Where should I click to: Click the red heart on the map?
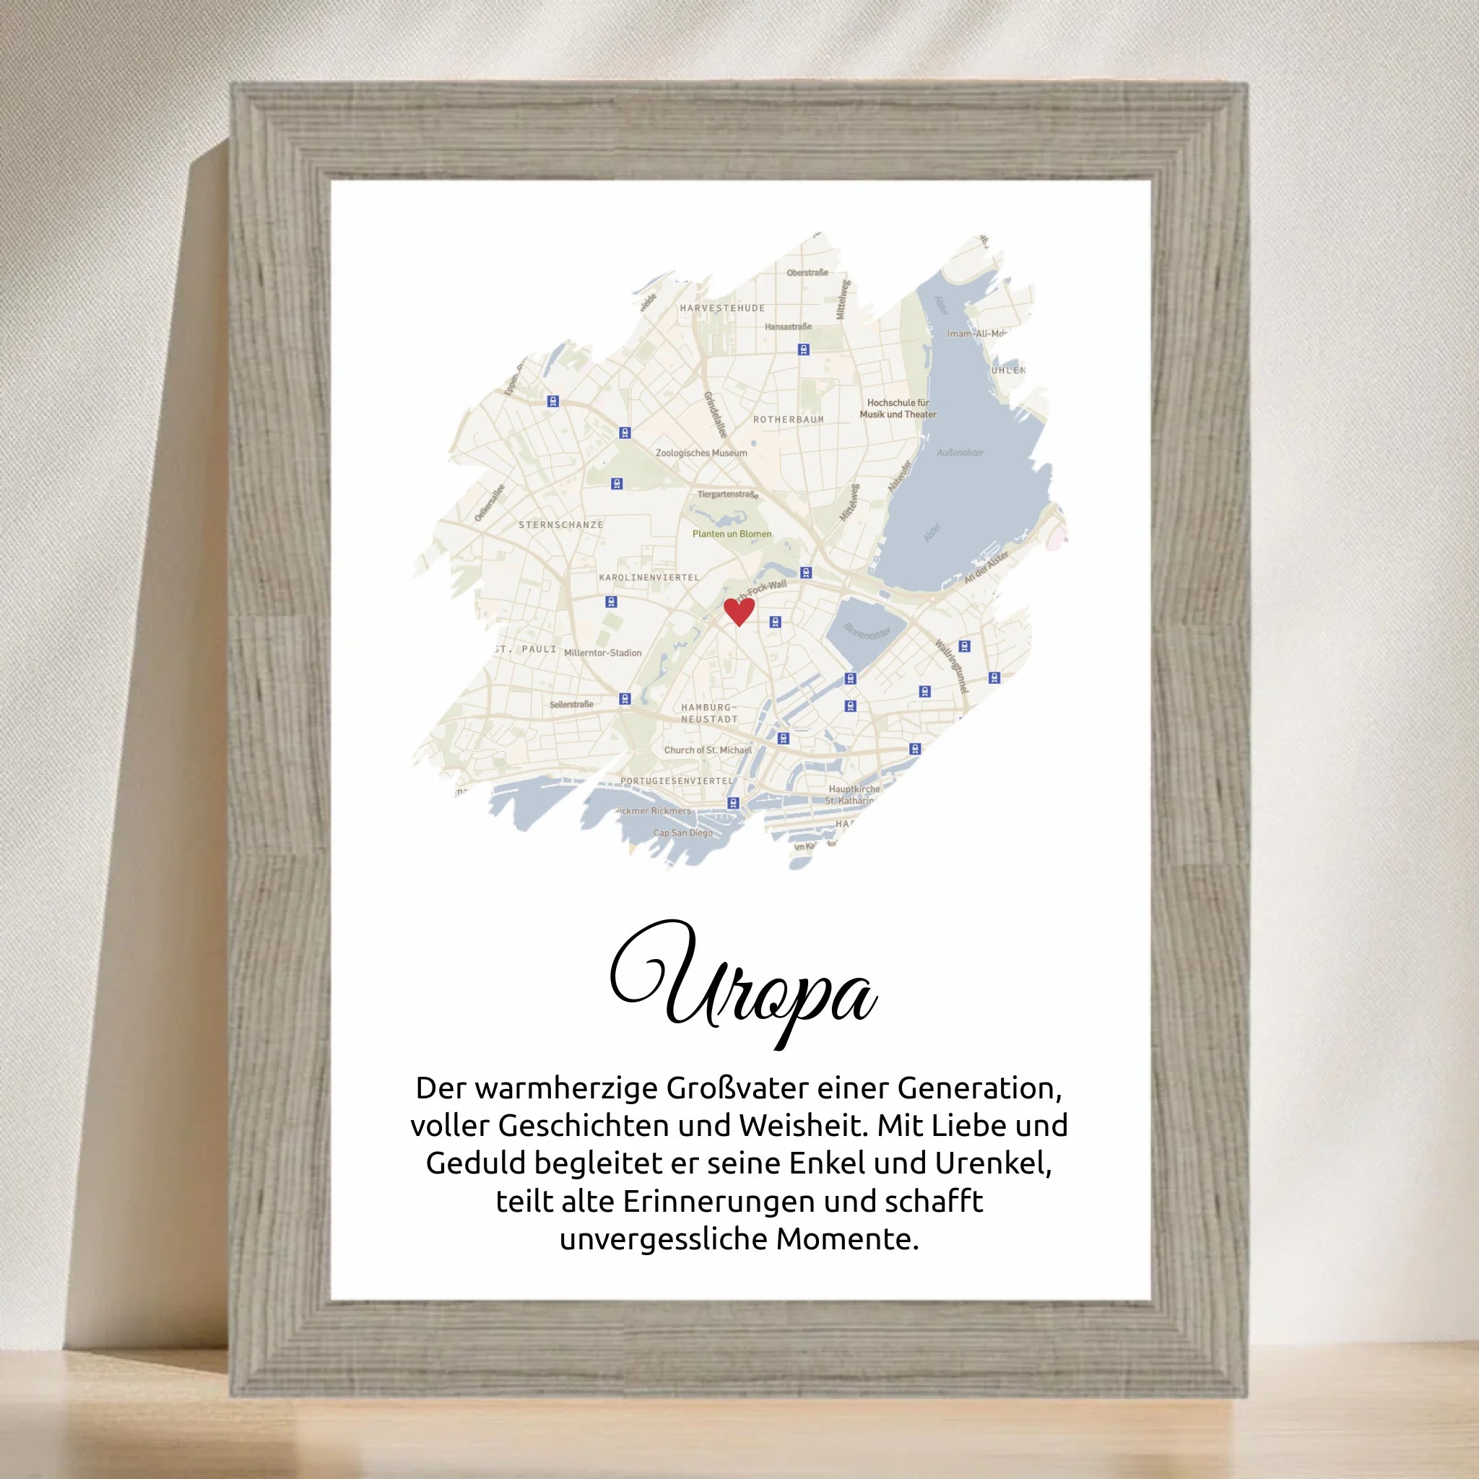pos(739,611)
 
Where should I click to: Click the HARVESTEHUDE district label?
pos(722,308)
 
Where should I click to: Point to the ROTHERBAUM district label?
pos(789,420)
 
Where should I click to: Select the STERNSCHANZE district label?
pos(561,524)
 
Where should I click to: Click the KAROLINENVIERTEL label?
pos(649,577)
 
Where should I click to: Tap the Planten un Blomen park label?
pos(732,534)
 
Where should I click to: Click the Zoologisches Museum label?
pos(701,452)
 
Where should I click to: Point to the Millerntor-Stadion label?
pos(602,653)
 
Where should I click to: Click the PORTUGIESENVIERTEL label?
pos(677,781)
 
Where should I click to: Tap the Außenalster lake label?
pos(960,452)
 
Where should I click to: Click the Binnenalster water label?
pos(867,633)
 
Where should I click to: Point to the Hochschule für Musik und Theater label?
pos(898,408)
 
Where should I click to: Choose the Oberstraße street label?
pos(807,272)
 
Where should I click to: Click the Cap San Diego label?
pos(682,833)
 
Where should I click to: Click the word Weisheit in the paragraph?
pos(804,1125)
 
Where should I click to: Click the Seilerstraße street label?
pos(571,704)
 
